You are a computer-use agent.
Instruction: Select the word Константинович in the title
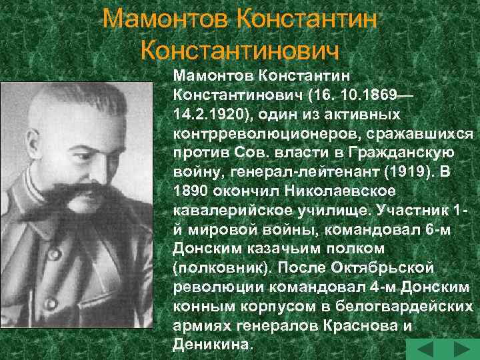pos(241,49)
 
